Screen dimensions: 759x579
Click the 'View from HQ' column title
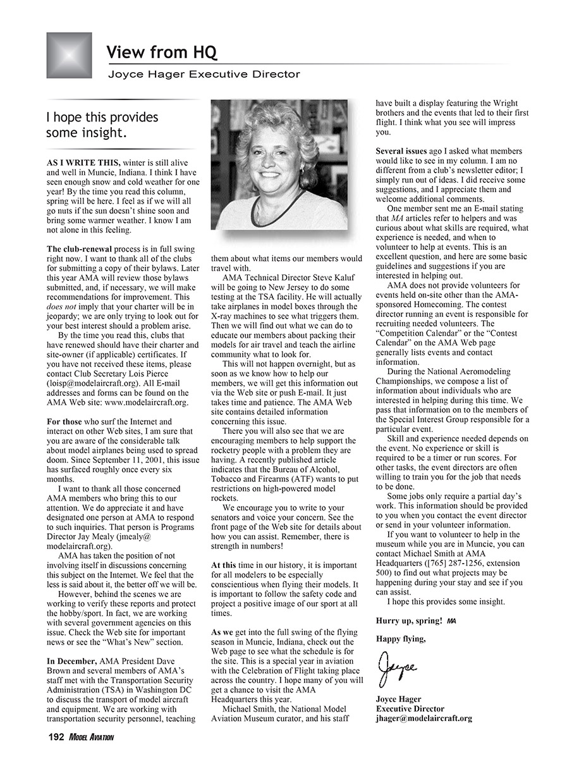tap(162, 52)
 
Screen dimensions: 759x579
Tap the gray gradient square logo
tap(69, 55)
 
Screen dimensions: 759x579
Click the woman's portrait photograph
tap(279, 164)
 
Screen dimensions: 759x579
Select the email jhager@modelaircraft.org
tap(424, 719)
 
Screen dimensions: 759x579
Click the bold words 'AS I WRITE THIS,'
tap(83, 163)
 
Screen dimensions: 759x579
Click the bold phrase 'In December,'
tap(72, 661)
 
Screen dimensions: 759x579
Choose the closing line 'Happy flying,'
tap(401, 639)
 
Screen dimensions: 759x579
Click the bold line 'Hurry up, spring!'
tap(409, 620)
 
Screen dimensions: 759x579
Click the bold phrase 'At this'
tap(224, 564)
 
